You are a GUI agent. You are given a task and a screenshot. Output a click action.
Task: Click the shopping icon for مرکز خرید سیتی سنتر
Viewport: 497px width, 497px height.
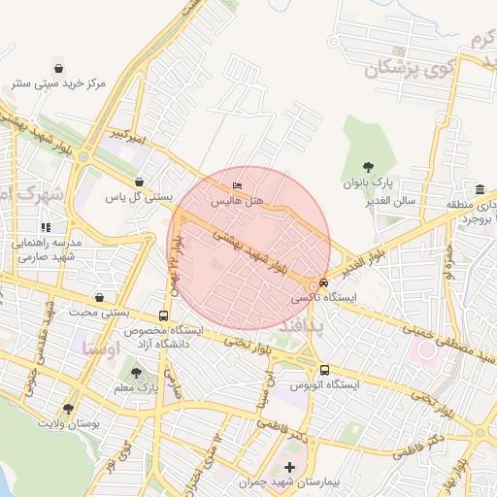(x=60, y=69)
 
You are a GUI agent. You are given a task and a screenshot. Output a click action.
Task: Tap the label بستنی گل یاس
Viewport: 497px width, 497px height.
(x=139, y=197)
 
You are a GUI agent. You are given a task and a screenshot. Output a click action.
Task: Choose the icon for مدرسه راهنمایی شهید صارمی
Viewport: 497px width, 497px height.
(x=47, y=227)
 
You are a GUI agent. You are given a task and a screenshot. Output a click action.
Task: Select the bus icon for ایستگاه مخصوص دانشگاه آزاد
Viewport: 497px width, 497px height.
(x=163, y=315)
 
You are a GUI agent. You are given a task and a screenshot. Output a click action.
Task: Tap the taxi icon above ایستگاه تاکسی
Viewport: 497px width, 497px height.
(x=324, y=282)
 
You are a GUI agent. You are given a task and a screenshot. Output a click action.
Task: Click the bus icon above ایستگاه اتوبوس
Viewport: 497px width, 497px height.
(x=324, y=370)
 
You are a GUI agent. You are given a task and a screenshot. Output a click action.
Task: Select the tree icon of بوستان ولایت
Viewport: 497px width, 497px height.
(x=67, y=409)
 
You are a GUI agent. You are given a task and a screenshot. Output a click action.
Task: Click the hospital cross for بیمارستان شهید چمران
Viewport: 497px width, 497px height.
(x=288, y=468)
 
